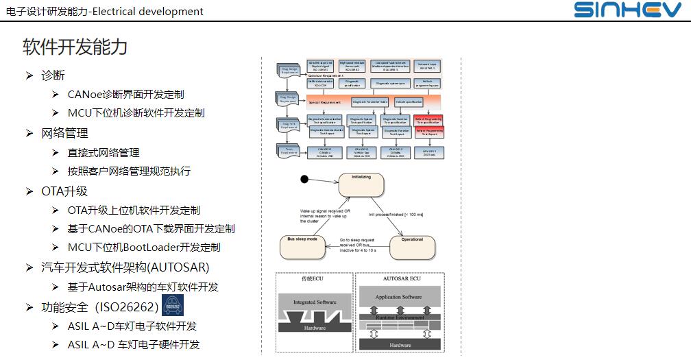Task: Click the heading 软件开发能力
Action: (75, 47)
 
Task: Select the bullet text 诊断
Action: (53, 75)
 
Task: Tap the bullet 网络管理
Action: (65, 133)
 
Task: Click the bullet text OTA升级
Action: (64, 191)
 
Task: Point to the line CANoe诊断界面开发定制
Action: (126, 95)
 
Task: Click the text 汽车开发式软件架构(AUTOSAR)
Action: (125, 267)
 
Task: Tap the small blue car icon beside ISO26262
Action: (173, 305)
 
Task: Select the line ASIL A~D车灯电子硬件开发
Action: (134, 345)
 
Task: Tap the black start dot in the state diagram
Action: (304, 180)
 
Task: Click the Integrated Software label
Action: (315, 302)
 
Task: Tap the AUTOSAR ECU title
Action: (400, 280)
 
